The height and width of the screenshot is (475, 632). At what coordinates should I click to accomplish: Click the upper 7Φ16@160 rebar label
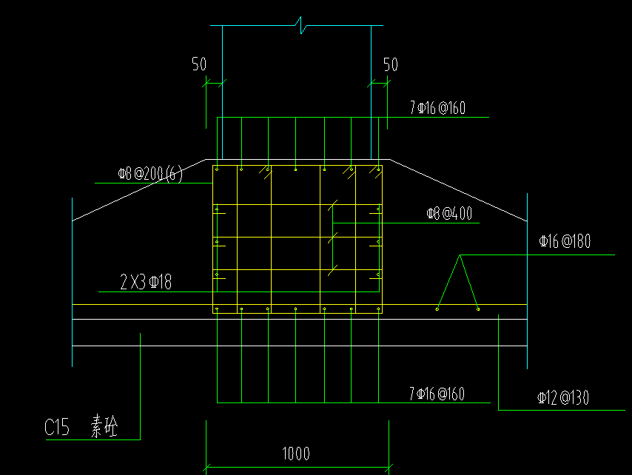437,108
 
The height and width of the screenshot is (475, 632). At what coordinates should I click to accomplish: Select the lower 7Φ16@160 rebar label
437,394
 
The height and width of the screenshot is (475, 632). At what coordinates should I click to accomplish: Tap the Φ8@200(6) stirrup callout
150,175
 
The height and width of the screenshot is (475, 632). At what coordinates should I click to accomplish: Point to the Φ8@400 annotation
449,214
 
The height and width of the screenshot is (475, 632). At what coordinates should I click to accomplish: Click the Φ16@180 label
565,241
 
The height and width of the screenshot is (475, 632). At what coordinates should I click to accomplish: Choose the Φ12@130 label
563,398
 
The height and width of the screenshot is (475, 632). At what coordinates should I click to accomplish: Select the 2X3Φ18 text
146,281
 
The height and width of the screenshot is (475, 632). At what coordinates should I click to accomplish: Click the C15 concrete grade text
57,427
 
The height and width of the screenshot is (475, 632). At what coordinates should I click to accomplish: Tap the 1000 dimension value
295,454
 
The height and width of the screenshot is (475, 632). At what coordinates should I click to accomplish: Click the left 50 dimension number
199,64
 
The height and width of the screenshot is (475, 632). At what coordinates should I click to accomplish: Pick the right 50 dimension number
390,64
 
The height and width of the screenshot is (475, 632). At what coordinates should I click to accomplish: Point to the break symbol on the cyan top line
300,27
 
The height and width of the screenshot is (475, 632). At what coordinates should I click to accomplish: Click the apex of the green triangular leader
460,255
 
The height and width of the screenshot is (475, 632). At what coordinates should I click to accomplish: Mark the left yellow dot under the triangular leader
437,309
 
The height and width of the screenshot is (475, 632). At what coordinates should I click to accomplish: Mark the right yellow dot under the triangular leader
478,309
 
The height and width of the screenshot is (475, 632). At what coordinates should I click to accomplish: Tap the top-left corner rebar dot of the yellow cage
216,169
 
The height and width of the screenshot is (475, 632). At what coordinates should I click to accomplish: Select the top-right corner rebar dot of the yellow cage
378,169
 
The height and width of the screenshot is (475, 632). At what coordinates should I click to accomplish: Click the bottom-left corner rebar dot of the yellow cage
216,309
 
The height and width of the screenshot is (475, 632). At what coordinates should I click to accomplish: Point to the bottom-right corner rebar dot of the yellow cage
378,309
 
